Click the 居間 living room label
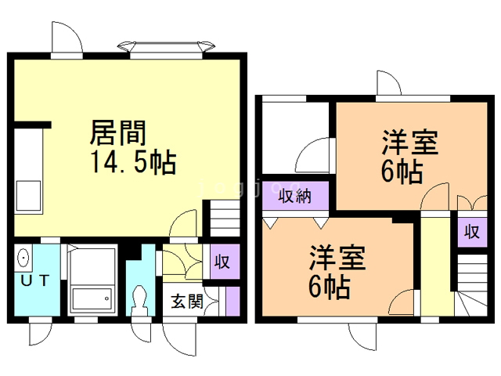pyautogui.click(x=117, y=132)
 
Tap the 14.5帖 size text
pyautogui.click(x=134, y=162)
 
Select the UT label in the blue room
pyautogui.click(x=34, y=280)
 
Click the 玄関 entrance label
pyautogui.click(x=187, y=302)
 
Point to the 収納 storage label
pyautogui.click(x=294, y=196)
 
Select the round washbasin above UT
pyautogui.click(x=23, y=258)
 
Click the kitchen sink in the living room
pyautogui.click(x=28, y=196)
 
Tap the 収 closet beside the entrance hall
pyautogui.click(x=225, y=262)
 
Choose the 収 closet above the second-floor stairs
pyautogui.click(x=472, y=232)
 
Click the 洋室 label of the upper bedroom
pyautogui.click(x=410, y=143)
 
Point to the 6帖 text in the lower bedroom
pyautogui.click(x=329, y=287)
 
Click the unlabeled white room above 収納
pyautogui.click(x=296, y=138)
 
